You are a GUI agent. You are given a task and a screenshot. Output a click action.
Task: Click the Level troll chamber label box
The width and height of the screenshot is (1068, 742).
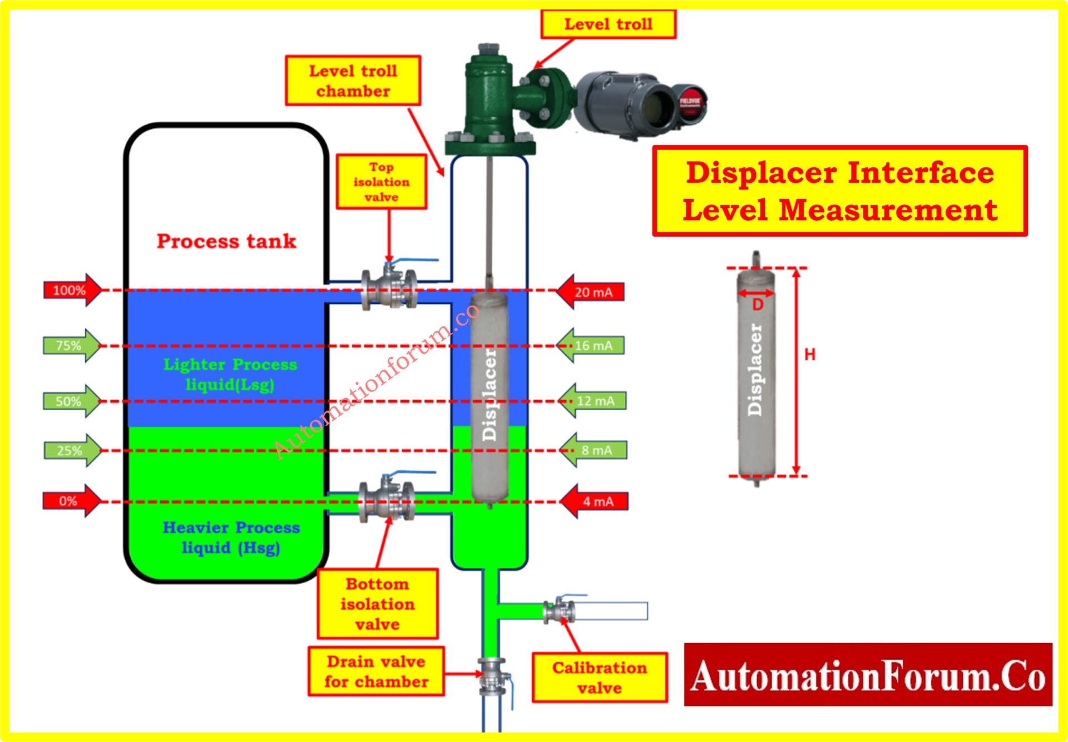tap(353, 81)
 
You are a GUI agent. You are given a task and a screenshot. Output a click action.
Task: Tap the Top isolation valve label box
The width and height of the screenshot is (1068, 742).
tap(381, 182)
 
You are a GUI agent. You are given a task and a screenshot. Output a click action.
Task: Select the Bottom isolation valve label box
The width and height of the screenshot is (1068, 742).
tap(377, 604)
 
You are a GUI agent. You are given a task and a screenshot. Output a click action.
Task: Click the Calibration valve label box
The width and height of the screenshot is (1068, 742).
tap(599, 678)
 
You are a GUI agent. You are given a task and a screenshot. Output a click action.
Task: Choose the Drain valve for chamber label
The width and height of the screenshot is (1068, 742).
tap(376, 671)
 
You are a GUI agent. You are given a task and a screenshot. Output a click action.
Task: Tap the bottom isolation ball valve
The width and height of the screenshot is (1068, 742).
tap(387, 500)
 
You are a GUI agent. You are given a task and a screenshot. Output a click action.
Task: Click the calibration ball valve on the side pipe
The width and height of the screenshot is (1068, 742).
tap(560, 610)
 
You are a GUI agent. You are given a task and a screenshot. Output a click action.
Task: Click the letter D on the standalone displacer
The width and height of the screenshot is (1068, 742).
tap(758, 305)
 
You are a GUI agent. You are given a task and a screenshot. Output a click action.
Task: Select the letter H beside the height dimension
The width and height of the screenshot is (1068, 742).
tap(810, 355)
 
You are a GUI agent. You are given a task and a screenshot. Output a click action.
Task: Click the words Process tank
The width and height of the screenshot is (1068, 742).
tap(226, 241)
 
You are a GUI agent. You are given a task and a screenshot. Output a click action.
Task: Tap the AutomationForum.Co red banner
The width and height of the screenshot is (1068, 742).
tap(868, 675)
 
